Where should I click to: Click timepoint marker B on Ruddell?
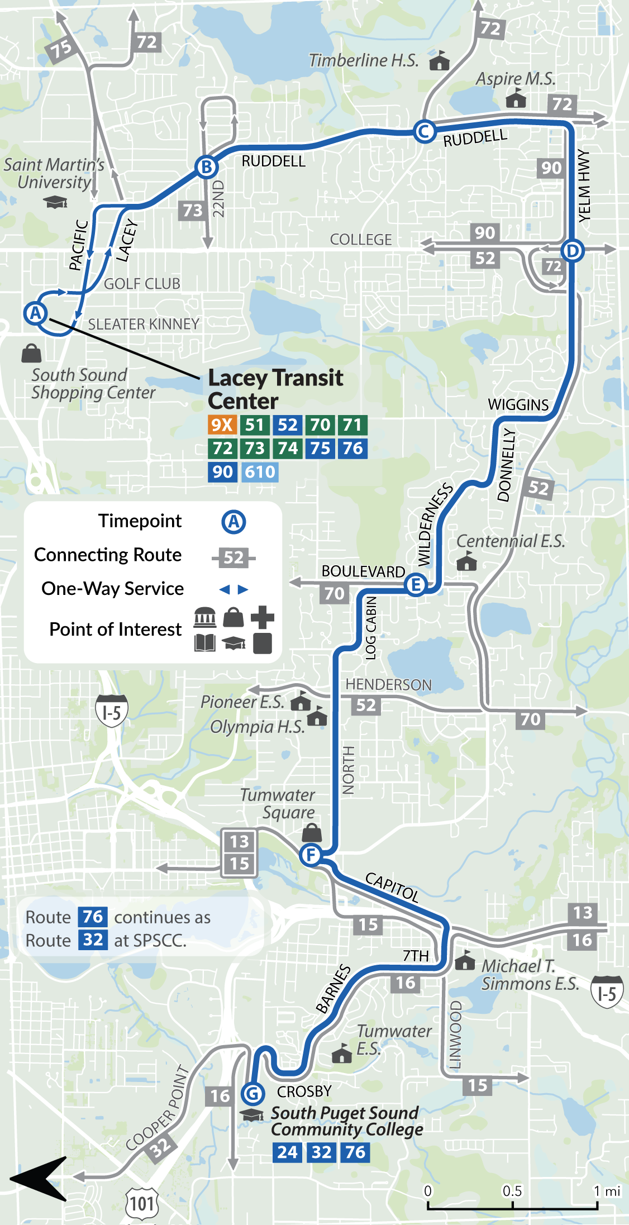click(x=206, y=166)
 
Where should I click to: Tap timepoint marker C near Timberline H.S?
click(x=425, y=132)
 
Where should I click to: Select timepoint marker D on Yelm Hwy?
click(x=572, y=250)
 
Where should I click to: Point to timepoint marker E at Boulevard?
click(x=416, y=585)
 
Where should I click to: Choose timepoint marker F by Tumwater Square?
click(x=310, y=854)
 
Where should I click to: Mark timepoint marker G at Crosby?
click(x=253, y=1093)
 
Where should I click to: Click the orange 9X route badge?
click(x=222, y=425)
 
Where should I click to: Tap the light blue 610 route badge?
click(x=260, y=472)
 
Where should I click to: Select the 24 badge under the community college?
click(x=288, y=1152)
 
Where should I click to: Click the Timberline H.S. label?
click(x=364, y=60)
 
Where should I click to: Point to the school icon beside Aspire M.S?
click(x=516, y=99)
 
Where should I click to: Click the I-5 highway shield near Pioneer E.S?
click(x=112, y=712)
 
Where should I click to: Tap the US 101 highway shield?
click(x=143, y=1204)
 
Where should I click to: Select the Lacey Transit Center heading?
click(x=275, y=389)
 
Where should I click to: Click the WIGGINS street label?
click(x=518, y=404)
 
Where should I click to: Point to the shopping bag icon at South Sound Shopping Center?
click(x=31, y=353)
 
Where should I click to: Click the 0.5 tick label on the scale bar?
click(x=512, y=1191)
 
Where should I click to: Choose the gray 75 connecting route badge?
click(x=61, y=49)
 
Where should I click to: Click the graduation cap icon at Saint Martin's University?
click(x=55, y=202)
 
